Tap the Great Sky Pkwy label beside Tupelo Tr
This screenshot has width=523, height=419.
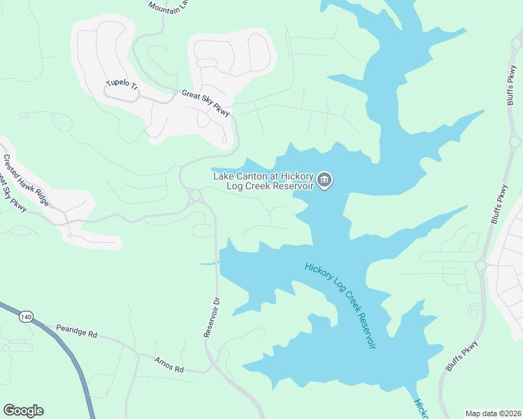click(x=206, y=103)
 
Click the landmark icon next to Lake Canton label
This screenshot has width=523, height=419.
click(x=324, y=181)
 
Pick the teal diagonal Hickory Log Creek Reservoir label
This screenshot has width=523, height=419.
click(x=340, y=304)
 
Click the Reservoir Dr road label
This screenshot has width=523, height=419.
click(x=212, y=318)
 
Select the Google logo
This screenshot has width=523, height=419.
click(x=23, y=411)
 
